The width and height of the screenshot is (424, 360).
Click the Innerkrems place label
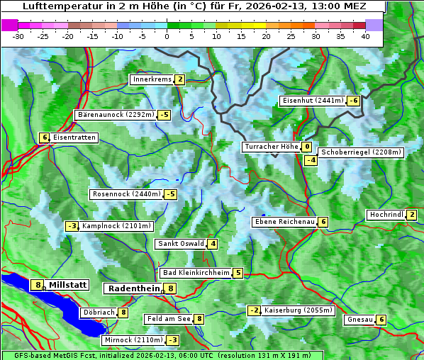pos(152,79)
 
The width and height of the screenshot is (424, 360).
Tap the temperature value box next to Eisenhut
pos(353,101)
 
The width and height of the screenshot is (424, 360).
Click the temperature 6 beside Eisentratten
pos(44,137)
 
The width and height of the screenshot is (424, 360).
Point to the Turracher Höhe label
pos(271,147)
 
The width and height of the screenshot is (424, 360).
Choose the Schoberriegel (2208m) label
pos(361,152)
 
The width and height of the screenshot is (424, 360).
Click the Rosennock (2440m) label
pos(126,194)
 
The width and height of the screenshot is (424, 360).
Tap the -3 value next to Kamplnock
pos(72,226)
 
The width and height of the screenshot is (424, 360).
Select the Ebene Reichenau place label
pos(284,222)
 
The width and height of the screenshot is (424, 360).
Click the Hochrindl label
pos(386,215)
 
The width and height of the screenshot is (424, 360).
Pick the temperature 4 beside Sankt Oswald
pos(213,244)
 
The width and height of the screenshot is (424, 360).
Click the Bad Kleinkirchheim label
pos(196,273)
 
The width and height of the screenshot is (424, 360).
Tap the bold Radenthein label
pos(133,288)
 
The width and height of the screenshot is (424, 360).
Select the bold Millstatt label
pos(68,285)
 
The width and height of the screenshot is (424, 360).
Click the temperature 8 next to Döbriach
pos(123,312)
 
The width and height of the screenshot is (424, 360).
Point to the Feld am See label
pos(169,319)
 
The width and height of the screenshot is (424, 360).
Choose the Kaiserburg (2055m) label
pos(298,310)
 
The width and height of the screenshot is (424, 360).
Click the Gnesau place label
pos(359,320)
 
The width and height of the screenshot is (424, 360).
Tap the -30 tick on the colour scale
pos(18,36)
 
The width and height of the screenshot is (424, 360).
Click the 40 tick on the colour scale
pos(365,36)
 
